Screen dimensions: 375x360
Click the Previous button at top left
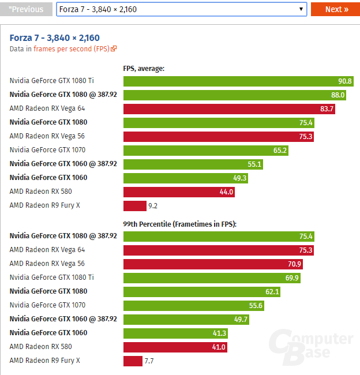(x=26, y=9)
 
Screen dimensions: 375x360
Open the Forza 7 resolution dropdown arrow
(x=301, y=9)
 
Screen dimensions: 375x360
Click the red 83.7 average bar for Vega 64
(x=228, y=108)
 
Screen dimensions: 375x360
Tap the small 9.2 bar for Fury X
(x=134, y=205)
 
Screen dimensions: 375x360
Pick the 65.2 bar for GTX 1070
(x=205, y=150)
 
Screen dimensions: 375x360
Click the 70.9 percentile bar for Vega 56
(x=213, y=264)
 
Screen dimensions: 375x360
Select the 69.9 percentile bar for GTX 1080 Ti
(x=212, y=277)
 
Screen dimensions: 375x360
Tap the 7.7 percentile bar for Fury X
(x=133, y=361)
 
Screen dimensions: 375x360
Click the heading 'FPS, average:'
(x=144, y=68)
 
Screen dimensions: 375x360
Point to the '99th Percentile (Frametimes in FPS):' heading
(x=180, y=223)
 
